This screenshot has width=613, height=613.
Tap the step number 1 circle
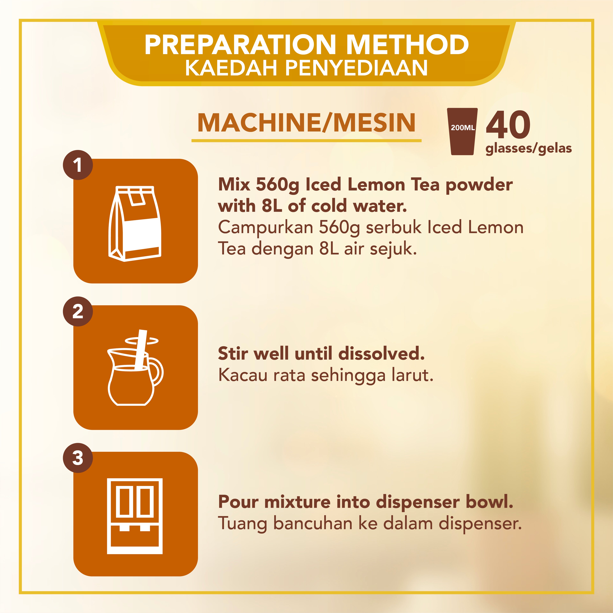pos(78,165)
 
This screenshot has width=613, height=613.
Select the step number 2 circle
pos(78,312)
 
